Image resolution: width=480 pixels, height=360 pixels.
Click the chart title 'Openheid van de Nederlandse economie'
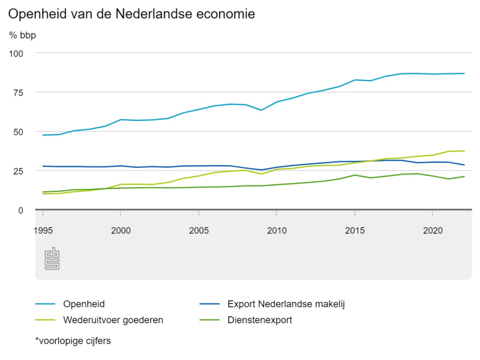point(132,14)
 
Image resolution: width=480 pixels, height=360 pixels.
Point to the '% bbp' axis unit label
point(23,36)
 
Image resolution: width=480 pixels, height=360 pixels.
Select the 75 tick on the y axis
point(19,93)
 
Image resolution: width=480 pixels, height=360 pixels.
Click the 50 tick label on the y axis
point(19,132)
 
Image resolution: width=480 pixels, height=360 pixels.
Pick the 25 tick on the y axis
point(19,171)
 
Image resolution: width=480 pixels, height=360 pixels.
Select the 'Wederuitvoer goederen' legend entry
point(113,320)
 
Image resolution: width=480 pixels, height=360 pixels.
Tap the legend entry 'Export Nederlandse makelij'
point(288,303)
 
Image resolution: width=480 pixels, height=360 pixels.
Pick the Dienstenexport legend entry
point(259,320)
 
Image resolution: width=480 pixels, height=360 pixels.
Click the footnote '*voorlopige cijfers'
point(73,341)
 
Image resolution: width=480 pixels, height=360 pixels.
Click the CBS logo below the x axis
point(52,259)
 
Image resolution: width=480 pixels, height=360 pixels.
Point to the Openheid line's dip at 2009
point(261,110)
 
